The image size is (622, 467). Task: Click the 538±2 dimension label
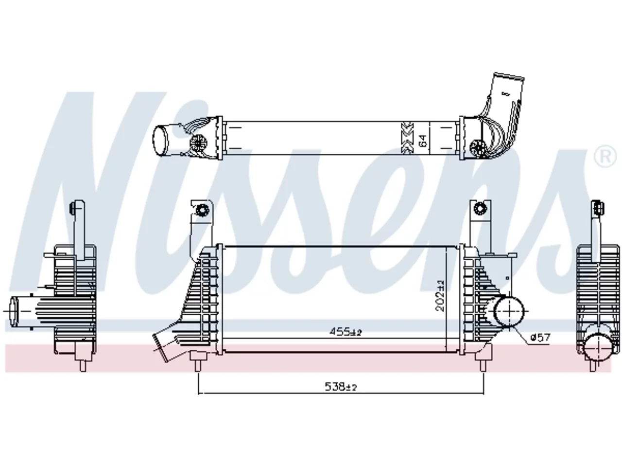tap(340, 386)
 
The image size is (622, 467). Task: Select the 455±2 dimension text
tap(346, 332)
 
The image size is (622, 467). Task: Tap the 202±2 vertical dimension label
tap(440, 295)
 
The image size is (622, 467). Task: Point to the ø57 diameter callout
tap(540, 338)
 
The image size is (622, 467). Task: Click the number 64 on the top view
tap(422, 141)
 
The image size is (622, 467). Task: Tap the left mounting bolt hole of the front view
tap(202, 210)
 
